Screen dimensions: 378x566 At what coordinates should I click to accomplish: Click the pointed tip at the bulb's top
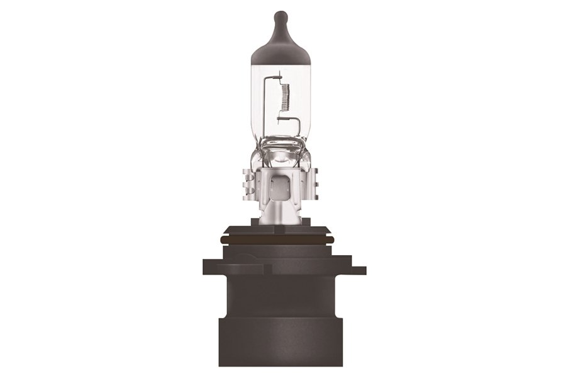click(281, 15)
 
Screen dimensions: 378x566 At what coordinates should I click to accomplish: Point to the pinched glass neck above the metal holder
click(280, 146)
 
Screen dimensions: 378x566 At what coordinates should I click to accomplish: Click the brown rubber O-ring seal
click(280, 240)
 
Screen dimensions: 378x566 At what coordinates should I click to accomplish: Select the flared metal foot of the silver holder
click(281, 214)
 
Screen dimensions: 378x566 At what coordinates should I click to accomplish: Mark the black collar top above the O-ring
click(280, 229)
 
